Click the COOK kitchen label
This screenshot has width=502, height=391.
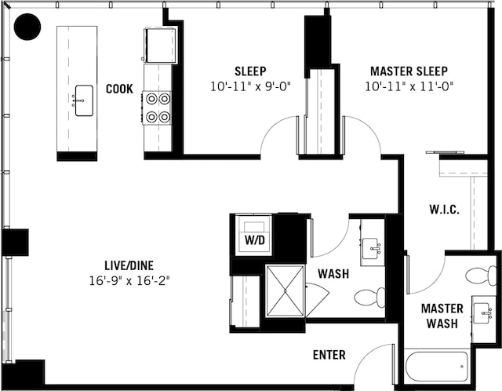point(119,89)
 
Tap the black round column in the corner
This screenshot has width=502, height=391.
point(28,28)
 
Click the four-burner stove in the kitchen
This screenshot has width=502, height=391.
point(158,108)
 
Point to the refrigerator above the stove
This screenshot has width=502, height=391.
point(159,44)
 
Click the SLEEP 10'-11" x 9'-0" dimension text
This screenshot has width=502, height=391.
point(251,86)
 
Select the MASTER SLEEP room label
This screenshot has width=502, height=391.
point(409,71)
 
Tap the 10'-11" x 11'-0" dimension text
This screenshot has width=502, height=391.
point(409,86)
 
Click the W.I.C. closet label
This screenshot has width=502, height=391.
point(444,210)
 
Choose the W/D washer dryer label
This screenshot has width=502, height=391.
point(255,239)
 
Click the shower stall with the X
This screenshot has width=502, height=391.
point(285,291)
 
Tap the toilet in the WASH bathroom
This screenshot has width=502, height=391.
point(370,298)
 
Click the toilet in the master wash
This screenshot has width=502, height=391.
point(481,276)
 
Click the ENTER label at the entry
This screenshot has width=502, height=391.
point(329,355)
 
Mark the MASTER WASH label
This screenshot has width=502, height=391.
point(442,316)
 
